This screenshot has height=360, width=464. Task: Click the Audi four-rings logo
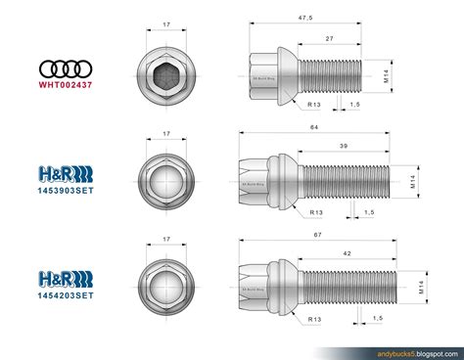64,68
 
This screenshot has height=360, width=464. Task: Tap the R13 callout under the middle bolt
317,210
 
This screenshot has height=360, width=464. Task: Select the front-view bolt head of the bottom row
167,285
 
